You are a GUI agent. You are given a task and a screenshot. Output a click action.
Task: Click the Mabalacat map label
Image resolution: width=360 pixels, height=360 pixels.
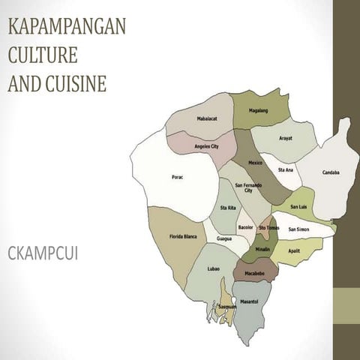208,118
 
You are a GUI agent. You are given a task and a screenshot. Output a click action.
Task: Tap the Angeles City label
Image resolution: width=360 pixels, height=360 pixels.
206,146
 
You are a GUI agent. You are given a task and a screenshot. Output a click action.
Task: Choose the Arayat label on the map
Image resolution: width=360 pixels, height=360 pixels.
286,138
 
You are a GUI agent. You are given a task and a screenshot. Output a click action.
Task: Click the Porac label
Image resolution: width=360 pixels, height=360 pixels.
177,177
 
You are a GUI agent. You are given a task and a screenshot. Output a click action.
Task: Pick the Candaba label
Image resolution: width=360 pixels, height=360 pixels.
331,172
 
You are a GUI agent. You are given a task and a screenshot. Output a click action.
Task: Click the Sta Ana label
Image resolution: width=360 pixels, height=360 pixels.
286,169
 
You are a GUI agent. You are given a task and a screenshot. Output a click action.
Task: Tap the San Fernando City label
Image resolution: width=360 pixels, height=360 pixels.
248,188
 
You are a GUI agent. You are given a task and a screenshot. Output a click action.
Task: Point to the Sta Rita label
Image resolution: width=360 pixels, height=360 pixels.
227,208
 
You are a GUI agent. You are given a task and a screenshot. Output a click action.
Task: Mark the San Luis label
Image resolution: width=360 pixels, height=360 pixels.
298,206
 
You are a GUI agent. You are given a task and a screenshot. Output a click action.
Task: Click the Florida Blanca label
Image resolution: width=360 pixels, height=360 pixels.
182,236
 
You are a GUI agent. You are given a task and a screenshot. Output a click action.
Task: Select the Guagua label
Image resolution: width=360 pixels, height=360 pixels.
223,238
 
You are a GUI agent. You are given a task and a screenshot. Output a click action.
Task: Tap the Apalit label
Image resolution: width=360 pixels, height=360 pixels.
294,251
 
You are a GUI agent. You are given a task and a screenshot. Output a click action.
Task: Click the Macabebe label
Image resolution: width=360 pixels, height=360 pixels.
255,273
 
